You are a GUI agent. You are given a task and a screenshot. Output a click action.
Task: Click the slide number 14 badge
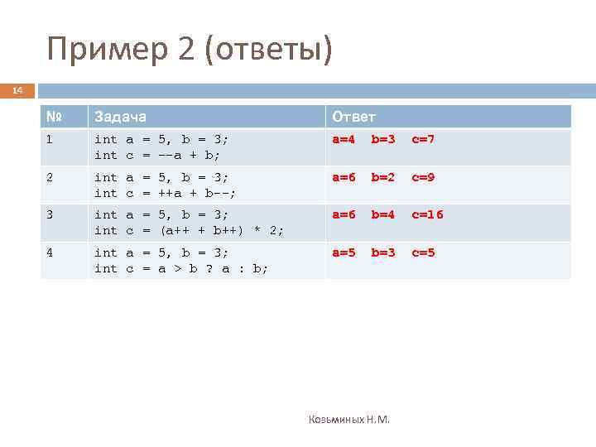17,90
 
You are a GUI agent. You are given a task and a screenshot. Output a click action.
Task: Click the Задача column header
121,117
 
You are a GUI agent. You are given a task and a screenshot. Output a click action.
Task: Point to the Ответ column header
353,117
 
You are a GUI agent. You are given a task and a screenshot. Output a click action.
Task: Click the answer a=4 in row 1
344,140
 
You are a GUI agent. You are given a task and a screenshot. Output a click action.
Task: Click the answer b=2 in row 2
382,177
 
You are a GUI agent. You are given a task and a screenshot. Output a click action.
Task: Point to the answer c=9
421,177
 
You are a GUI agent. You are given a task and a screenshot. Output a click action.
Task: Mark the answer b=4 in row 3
382,215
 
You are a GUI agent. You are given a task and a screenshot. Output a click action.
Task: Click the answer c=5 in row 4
421,252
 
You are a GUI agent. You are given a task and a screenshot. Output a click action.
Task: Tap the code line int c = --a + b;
162,155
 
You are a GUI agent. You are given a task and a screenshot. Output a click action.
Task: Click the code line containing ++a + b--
166,193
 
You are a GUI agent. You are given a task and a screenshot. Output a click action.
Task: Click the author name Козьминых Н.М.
348,420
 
